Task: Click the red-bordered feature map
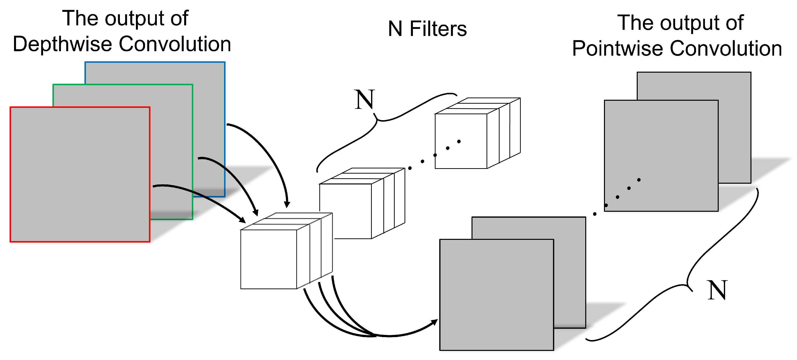[80, 174]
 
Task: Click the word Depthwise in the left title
[62, 44]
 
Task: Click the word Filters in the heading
[438, 29]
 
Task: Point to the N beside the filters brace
[364, 100]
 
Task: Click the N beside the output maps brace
[717, 290]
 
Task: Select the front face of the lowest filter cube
[268, 259]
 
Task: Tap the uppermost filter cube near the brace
[461, 141]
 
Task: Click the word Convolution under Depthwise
[175, 44]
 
